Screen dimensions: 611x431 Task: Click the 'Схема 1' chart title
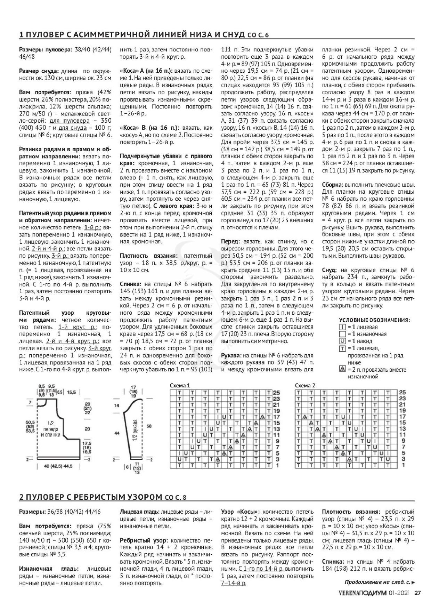coord(180,386)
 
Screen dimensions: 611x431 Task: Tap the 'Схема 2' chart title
coord(305,386)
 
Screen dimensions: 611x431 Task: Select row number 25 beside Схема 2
coord(402,392)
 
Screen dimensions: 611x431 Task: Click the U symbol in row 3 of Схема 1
coord(180,459)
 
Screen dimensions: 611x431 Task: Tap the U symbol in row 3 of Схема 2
coord(388,459)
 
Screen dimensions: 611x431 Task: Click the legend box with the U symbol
coord(342,341)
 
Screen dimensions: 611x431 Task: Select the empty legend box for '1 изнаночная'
coord(342,334)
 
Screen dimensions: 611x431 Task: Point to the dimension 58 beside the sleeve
coord(149,426)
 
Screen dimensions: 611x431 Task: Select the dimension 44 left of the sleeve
coord(117,434)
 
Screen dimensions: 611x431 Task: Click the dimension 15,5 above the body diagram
coord(72,392)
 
